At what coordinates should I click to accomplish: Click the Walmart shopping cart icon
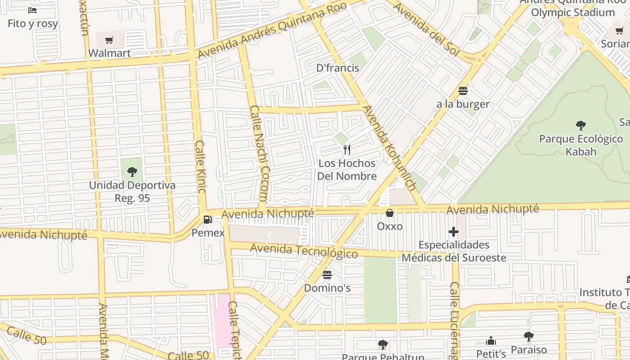pos(109,40)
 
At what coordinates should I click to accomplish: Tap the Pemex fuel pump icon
pos(208,220)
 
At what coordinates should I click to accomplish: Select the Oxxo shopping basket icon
pos(390,213)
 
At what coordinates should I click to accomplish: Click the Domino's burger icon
pos(327,274)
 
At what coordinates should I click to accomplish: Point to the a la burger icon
pos(463,91)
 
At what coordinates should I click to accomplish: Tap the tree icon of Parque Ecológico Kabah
pos(581,125)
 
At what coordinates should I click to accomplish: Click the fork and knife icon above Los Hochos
pos(346,150)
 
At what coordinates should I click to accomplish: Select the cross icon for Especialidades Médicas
pos(454,232)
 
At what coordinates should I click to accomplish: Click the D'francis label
pos(337,68)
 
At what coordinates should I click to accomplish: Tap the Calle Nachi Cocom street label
pos(259,153)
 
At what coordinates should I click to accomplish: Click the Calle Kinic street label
pos(200,166)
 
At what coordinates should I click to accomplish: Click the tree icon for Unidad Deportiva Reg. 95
pos(132,171)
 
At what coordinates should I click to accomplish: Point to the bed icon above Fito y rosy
pos(32,10)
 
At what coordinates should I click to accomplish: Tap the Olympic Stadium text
pos(572,12)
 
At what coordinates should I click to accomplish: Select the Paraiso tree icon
pos(529,336)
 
